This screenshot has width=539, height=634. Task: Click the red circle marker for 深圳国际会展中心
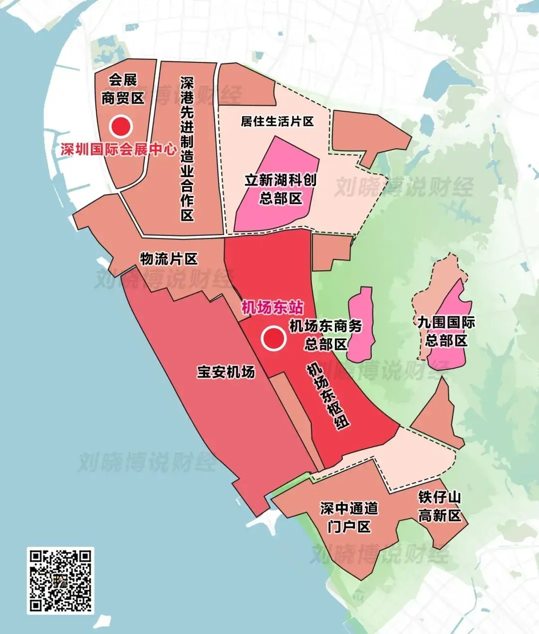point(121,127)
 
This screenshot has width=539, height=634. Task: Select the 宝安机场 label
point(226,372)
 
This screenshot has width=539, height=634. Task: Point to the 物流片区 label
point(169,259)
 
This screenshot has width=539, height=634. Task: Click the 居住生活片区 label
point(277,121)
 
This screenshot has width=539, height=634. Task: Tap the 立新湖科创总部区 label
point(280,189)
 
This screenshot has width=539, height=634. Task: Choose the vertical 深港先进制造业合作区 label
point(187,149)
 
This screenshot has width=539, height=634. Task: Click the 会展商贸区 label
point(123,89)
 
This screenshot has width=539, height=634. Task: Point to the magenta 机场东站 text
point(272,308)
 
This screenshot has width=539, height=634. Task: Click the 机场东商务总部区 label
point(326,335)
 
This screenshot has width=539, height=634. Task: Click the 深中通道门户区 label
point(349,517)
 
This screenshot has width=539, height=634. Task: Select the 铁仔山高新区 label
point(440,506)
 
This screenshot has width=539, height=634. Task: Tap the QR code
point(60,580)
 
